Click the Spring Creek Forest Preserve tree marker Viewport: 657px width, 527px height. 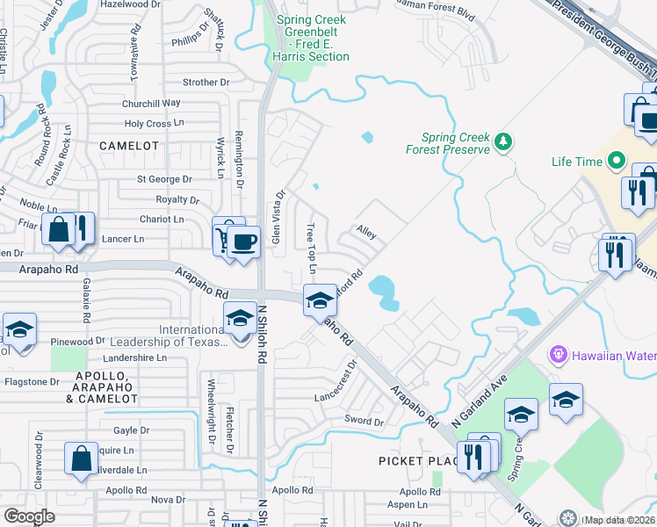click(x=503, y=141)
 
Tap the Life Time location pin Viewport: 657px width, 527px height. click(x=616, y=162)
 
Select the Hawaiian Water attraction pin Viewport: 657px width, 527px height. click(x=556, y=355)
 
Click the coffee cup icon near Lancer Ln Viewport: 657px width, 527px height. click(x=246, y=242)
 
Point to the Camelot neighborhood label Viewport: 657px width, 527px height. click(x=129, y=145)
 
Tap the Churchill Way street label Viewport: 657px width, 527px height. click(x=152, y=103)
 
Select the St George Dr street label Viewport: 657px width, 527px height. click(x=164, y=179)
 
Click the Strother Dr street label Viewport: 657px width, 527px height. click(x=206, y=83)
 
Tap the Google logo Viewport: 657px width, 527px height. click(x=29, y=516)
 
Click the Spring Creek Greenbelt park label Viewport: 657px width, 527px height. click(x=311, y=38)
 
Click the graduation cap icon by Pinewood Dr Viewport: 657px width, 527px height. click(x=19, y=331)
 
